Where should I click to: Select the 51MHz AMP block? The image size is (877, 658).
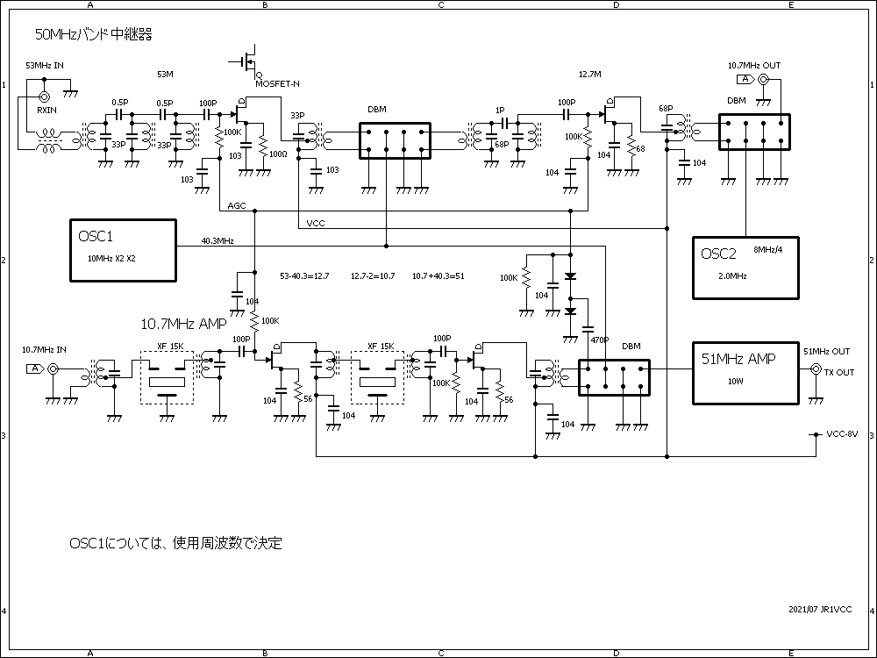747,372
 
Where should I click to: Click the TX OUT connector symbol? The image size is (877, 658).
816,372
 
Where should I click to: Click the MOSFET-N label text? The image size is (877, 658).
278,83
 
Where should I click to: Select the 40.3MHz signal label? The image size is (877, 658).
217,240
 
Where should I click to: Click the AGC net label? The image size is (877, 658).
236,205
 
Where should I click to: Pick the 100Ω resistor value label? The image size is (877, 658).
278,154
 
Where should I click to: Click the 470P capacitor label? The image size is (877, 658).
600,340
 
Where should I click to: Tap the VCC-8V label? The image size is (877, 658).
842,433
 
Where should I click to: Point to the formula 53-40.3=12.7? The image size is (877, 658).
304,276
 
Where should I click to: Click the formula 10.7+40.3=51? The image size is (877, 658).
438,276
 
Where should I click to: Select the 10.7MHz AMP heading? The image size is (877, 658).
183,324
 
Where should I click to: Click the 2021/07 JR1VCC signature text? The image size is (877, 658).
820,609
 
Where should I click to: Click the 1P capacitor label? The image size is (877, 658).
500,110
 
